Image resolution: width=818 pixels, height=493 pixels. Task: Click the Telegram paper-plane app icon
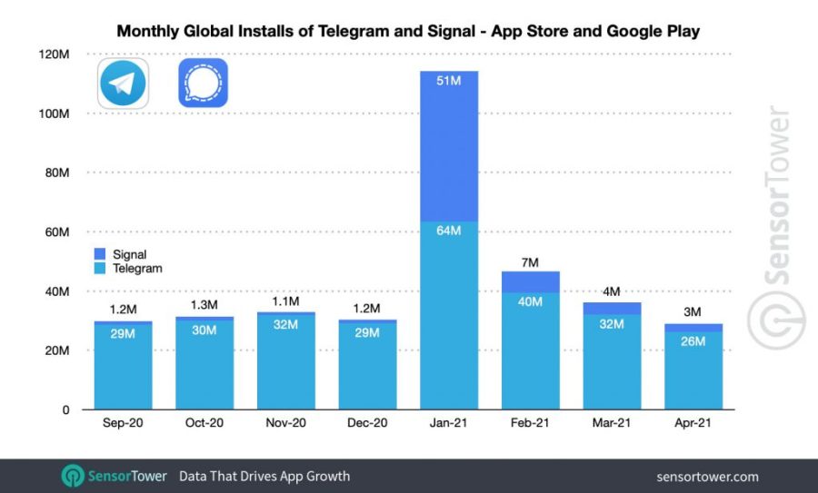coord(124,84)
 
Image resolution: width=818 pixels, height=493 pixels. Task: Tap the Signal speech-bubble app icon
coord(203,84)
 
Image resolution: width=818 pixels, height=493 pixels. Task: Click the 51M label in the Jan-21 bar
coord(449,82)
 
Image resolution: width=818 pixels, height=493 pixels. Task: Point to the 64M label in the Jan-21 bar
coord(449,231)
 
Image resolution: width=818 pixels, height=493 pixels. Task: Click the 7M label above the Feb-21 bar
coord(530,262)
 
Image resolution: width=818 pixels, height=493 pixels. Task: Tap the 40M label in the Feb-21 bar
coord(530,302)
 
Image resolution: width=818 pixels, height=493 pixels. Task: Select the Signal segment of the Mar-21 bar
coord(611,309)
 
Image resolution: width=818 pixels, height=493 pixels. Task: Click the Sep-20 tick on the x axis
coord(124,424)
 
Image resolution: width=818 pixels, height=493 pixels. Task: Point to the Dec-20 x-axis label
coord(367,424)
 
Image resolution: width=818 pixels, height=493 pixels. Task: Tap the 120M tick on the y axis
coord(55,54)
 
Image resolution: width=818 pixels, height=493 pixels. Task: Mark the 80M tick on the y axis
coord(56,173)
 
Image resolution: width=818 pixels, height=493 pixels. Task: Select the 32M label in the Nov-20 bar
coord(286,324)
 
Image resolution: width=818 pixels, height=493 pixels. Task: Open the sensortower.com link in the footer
coord(706,477)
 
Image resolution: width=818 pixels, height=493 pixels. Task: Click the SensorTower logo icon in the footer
coord(73,476)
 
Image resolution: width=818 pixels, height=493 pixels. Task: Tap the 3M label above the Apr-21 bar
coord(693,312)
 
